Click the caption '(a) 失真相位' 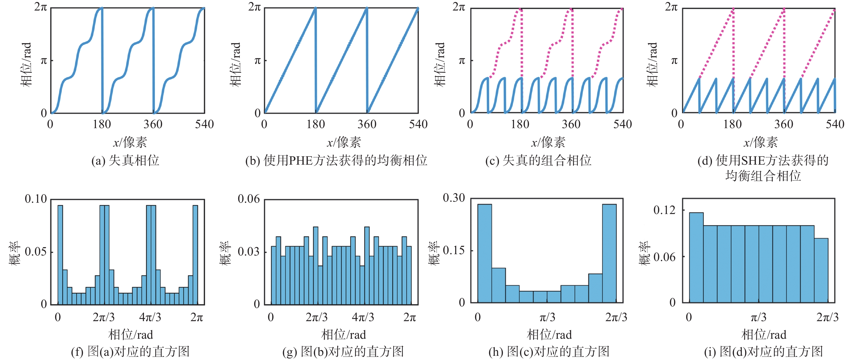pos(125,161)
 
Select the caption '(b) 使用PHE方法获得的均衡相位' pos(336,161)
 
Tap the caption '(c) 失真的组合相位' pos(538,161)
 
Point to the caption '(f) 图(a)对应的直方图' pos(130,351)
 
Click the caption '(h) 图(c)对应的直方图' pos(549,351)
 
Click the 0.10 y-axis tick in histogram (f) pos(36,199)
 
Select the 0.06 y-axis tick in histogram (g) pos(248,199)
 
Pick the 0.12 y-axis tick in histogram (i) pos(664,210)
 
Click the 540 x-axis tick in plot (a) pos(204,124)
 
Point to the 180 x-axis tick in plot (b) pos(316,124)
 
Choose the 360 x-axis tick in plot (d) pos(783,124)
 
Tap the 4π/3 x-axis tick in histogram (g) pos(363,317)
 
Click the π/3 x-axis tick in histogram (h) pos(547,317)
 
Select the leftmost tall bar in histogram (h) pos(485,253)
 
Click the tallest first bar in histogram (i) pos(696,257)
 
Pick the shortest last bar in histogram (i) pos(821,270)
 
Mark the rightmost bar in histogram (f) pos(195,255)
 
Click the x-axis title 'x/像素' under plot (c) pos(548,142)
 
